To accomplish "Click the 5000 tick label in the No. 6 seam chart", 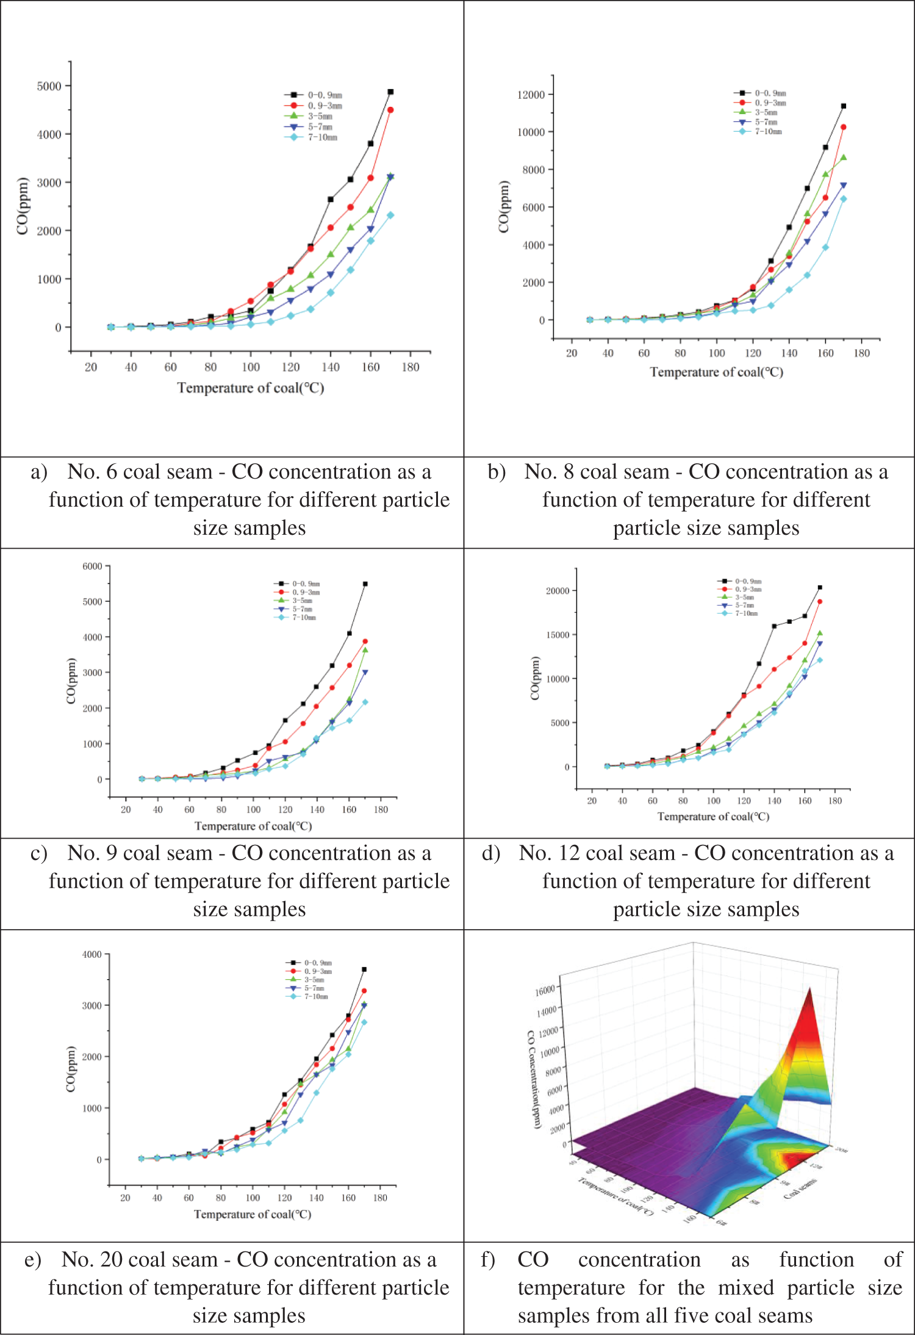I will coord(49,86).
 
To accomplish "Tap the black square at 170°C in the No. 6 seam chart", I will coord(390,92).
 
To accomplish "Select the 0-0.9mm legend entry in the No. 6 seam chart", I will coord(324,95).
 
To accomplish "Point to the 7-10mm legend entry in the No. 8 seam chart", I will coord(767,131).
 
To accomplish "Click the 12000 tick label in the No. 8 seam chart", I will coord(530,95).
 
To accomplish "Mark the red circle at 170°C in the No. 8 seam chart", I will coord(844,128).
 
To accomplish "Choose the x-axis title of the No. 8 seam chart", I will coord(716,372).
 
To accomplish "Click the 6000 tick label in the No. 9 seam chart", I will coord(92,566).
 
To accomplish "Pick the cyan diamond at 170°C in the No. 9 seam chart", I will coord(365,702).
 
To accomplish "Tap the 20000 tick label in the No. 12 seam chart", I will coord(558,591).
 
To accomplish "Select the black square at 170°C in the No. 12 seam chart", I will coord(820,587).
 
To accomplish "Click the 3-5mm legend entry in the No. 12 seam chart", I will coord(747,598).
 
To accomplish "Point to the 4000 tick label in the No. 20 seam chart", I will coord(92,955).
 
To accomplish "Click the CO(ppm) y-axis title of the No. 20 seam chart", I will coord(71,1069).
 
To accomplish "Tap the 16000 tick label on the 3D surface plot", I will coord(545,990).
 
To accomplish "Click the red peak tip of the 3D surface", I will coord(810,989).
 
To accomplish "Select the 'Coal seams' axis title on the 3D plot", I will coord(800,1188).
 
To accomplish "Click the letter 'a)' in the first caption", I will coord(38,472).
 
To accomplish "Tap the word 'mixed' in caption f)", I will coord(745,1287).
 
